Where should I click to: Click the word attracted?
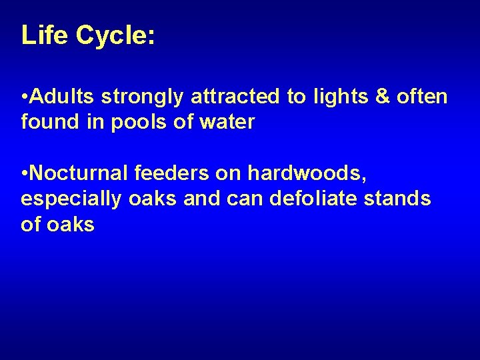coord(236,97)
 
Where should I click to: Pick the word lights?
coord(335,98)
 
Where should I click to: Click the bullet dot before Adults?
coord(24,98)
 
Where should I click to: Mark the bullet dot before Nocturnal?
coord(24,174)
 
